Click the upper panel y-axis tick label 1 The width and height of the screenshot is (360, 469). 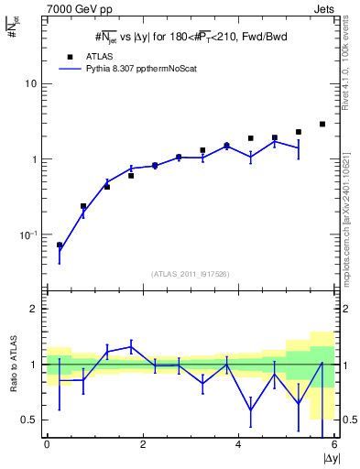(34, 159)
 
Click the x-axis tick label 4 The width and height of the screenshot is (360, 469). (238, 445)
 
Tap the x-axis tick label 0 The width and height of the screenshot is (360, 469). (47, 445)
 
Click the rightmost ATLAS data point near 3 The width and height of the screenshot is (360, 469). (322, 124)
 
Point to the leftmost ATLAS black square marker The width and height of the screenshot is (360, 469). (60, 245)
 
